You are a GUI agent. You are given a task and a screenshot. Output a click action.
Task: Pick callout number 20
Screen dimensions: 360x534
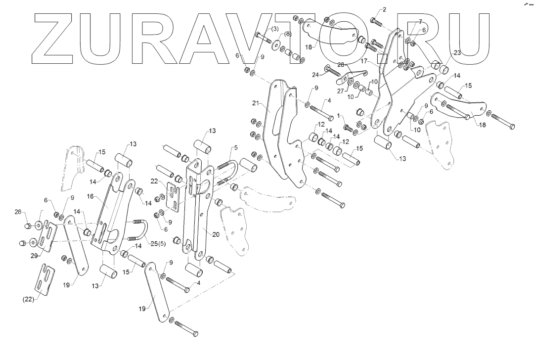tap(215, 234)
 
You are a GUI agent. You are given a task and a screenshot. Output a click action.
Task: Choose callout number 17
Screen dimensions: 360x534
tap(364, 61)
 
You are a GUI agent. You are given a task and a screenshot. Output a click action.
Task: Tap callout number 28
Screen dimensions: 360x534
tap(341, 65)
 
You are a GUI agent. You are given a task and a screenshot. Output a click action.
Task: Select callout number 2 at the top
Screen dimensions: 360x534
tap(385, 9)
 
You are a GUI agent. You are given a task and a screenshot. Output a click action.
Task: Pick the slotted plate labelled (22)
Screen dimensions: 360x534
tap(45, 280)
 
